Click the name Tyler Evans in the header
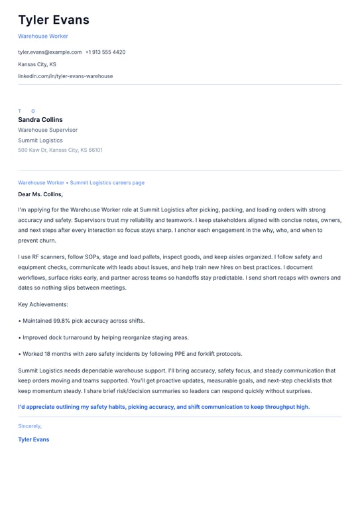point(54,20)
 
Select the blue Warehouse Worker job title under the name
point(43,36)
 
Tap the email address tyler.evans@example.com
point(50,52)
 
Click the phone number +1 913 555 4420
point(105,52)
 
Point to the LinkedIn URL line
point(65,76)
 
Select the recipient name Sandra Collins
point(40,120)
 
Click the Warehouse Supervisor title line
point(48,131)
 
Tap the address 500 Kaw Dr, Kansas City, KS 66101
point(60,150)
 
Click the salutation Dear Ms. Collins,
point(40,194)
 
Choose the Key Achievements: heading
point(43,304)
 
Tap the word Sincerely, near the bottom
point(30,426)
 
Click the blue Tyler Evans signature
point(33,439)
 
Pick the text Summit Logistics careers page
point(107,183)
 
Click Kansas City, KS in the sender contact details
point(37,64)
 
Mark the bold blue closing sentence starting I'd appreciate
point(164,407)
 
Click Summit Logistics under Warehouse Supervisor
point(40,141)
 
